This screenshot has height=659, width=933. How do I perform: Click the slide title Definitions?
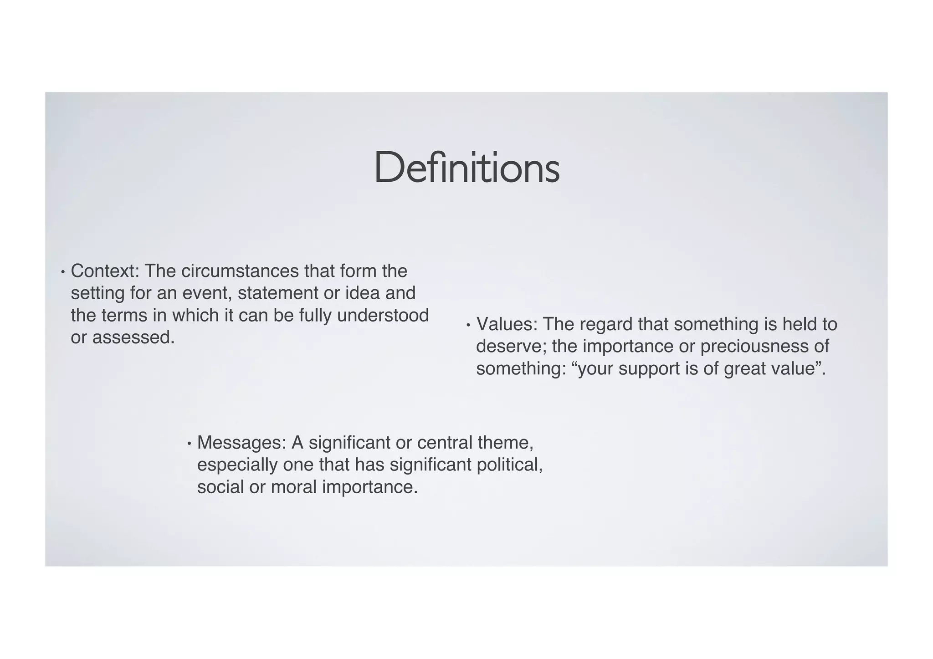tap(466, 168)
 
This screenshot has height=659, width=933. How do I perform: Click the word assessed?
tap(133, 337)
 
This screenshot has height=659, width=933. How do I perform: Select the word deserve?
tap(511, 347)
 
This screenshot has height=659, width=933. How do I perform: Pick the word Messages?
tap(241, 443)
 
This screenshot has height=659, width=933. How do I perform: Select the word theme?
tap(505, 443)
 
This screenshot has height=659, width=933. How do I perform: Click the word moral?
tap(293, 487)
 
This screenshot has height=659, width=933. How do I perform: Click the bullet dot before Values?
tap(468, 326)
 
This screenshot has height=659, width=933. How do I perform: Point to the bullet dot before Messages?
tap(189, 444)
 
